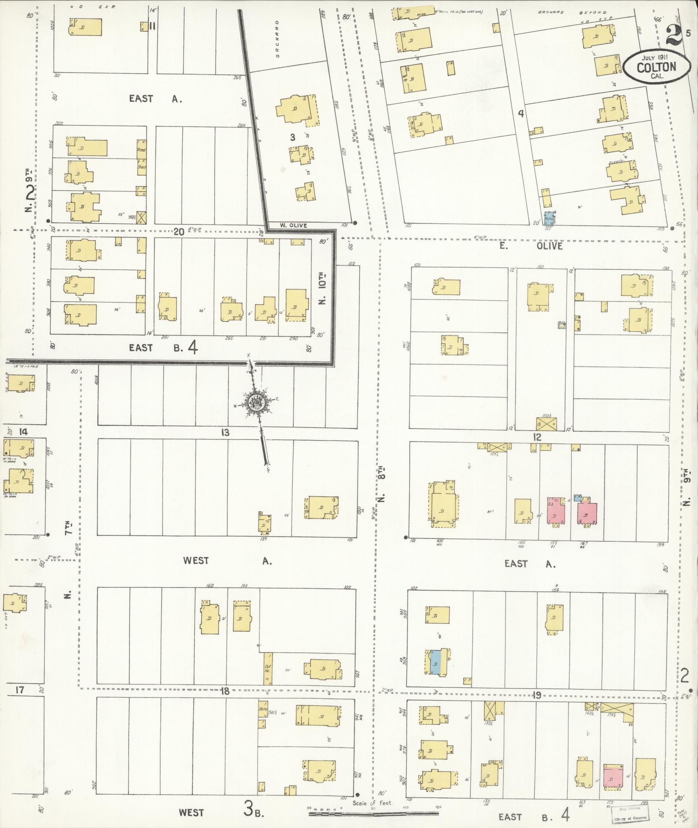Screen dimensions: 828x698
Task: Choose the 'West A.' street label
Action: pos(227,561)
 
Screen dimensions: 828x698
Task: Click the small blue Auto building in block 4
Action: pos(549,218)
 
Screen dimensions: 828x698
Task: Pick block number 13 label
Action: pos(225,432)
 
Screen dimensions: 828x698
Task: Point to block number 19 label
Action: pos(537,696)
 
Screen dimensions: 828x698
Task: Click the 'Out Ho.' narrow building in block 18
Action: pos(268,674)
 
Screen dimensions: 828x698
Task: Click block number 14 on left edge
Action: pos(23,432)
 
